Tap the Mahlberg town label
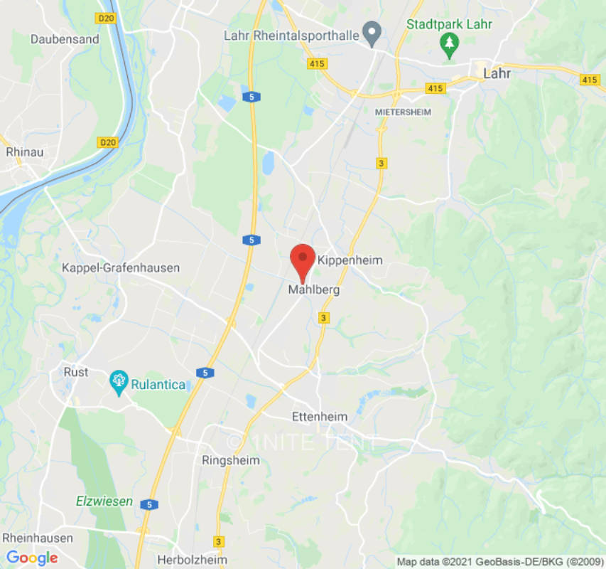coord(313,290)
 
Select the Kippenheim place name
coord(350,260)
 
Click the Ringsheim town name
coord(230,460)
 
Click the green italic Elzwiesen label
coord(104,501)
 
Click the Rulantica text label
coord(158,385)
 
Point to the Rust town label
coord(76,372)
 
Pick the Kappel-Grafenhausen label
coord(121,268)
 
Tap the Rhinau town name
coord(25,151)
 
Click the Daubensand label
coord(65,39)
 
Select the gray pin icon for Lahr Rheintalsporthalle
coord(371,32)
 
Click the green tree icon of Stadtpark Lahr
coord(449,46)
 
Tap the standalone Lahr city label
coord(497,73)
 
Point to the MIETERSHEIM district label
coord(403,112)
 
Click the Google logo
coord(32,558)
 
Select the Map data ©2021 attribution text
coord(499,561)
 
